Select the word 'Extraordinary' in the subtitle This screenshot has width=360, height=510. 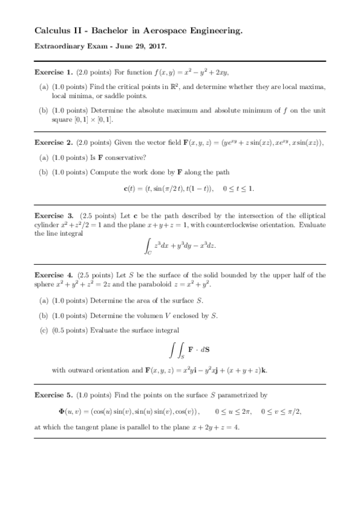tap(59, 46)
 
